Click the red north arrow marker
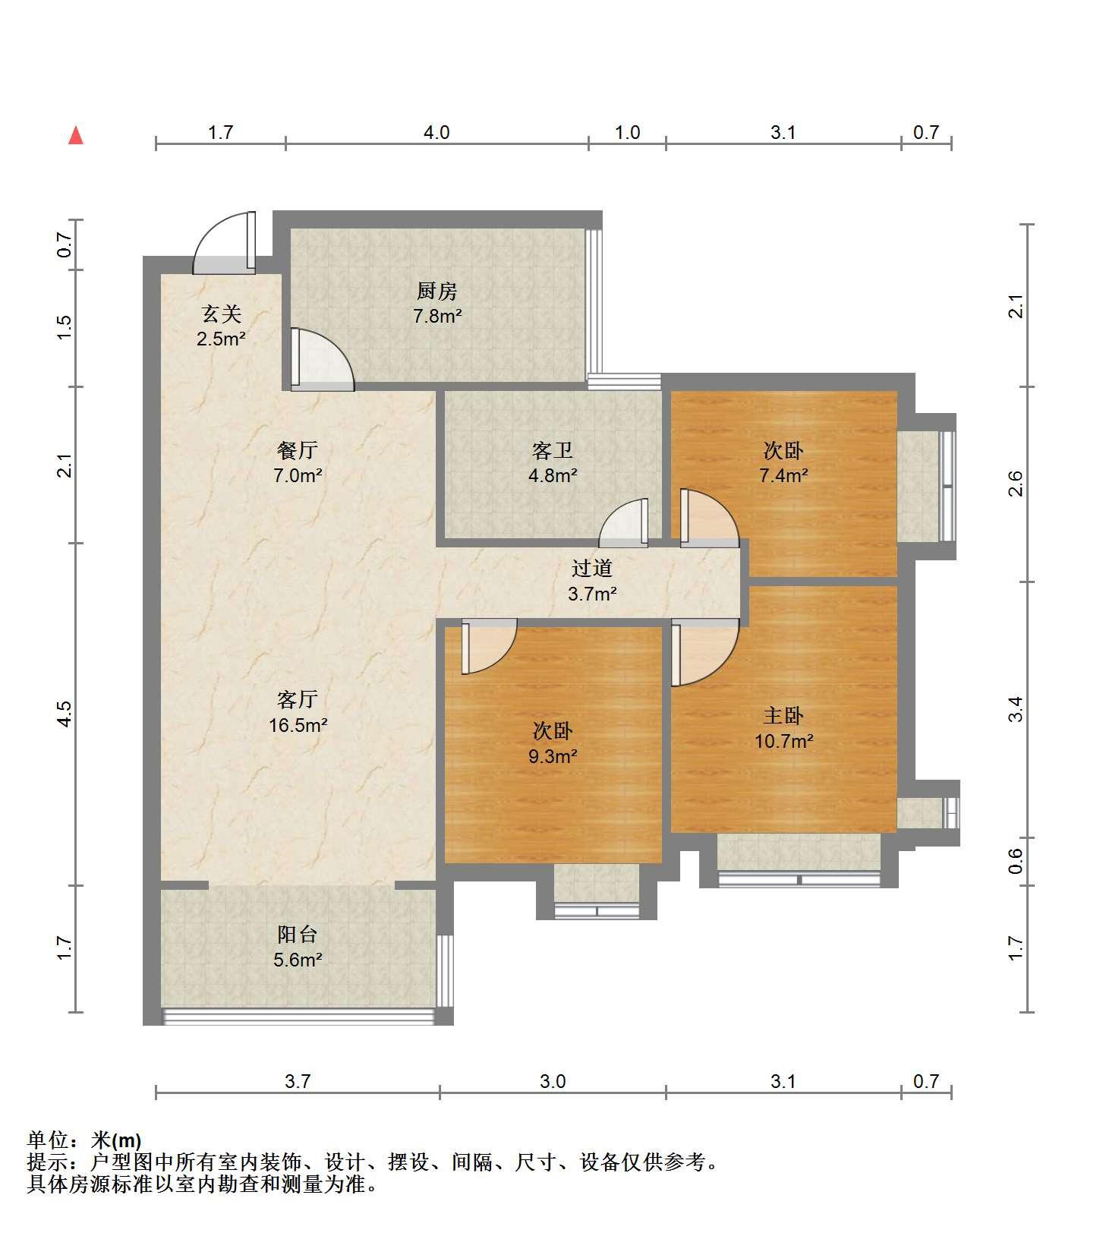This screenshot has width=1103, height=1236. point(76,136)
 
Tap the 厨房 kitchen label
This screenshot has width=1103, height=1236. point(436,291)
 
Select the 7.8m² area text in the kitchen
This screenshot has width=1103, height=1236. point(438,316)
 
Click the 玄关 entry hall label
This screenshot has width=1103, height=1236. point(221,314)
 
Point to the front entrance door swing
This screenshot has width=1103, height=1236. point(224,242)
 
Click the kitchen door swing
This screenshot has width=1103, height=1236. point(323,359)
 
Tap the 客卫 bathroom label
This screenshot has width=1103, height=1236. point(552,451)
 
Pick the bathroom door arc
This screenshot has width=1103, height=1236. point(623,522)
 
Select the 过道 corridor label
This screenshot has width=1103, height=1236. point(592,568)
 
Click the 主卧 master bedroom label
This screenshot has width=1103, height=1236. point(783,715)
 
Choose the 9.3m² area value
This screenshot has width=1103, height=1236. point(553,756)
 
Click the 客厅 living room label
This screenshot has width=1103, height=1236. point(297,698)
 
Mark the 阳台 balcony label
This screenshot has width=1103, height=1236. point(297,935)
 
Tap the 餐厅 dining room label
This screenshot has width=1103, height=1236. point(297,451)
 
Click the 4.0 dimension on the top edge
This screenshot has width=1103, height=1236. point(436,133)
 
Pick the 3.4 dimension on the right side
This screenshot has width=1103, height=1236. point(1016,709)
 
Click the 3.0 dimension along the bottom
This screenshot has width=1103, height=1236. point(553,1081)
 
